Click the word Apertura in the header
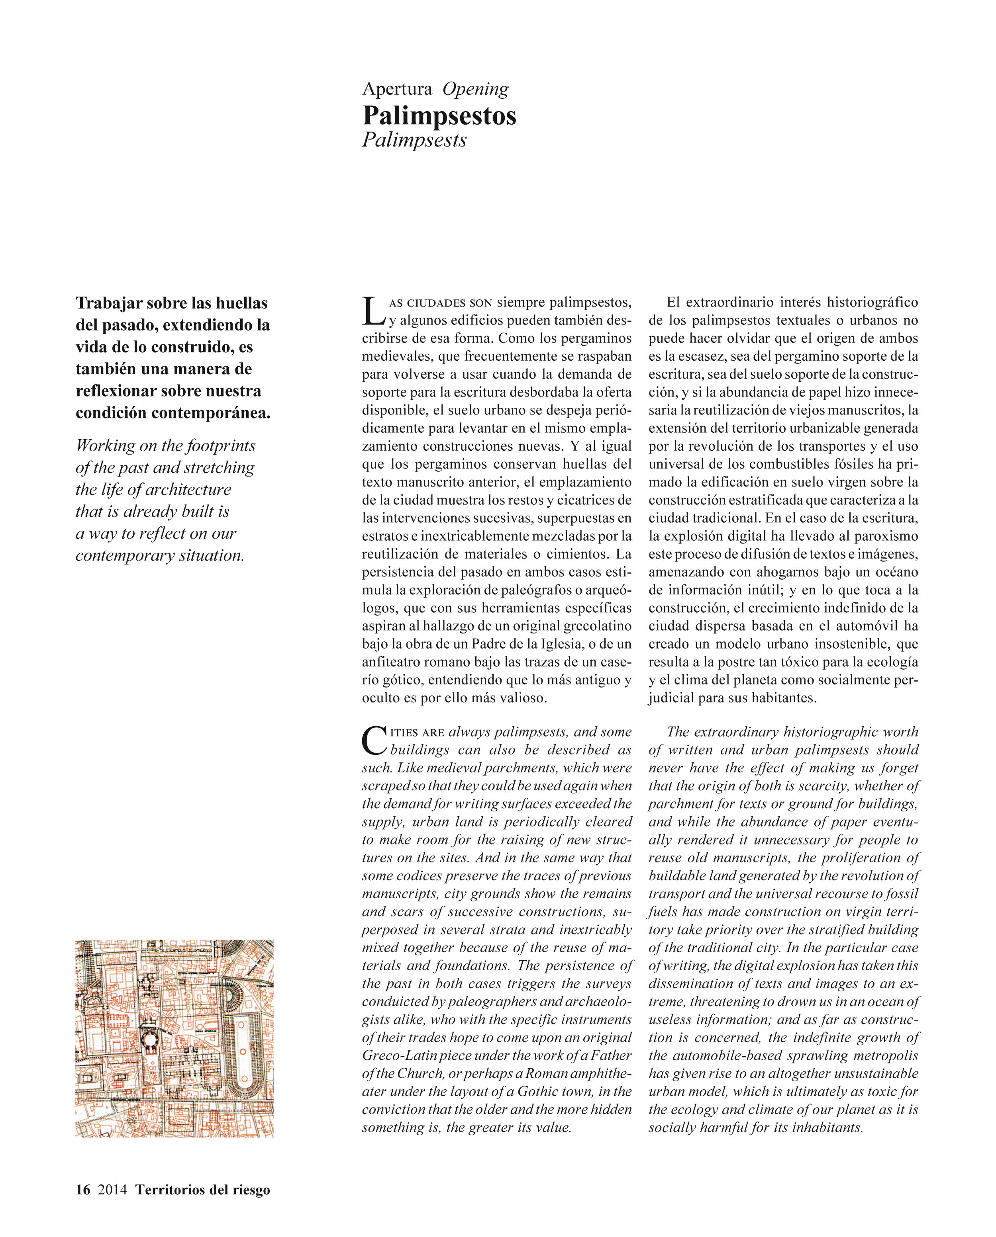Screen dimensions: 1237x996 pos(397,89)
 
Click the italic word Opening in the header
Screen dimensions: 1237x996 pos(475,89)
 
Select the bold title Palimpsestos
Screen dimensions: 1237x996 pos(439,116)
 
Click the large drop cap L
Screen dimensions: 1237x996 pos(373,311)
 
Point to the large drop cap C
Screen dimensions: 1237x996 pos(374,740)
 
